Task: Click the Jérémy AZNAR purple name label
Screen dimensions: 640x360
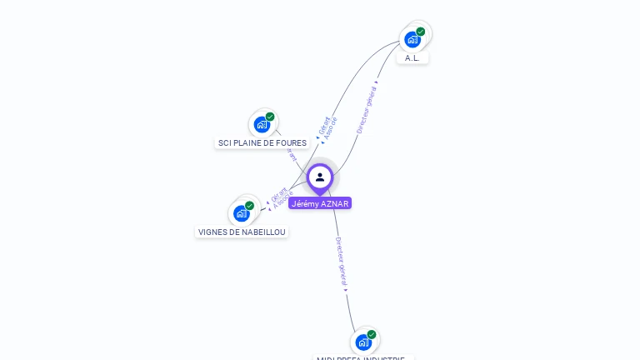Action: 320,203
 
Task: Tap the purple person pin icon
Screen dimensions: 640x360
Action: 320,177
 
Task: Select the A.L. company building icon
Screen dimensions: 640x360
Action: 412,39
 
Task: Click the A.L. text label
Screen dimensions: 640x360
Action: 412,58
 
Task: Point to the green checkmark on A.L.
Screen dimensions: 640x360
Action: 421,32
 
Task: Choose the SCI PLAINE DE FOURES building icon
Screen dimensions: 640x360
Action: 262,125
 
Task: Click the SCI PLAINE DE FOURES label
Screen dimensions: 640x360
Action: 262,143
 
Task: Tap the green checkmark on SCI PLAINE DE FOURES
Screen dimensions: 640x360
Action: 270,117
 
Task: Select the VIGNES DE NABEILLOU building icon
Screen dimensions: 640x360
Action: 242,213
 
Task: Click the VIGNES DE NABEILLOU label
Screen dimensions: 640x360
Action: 242,232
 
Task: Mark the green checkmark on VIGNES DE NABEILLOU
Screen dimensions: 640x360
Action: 249,206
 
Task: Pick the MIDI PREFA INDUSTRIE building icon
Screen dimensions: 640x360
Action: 363,342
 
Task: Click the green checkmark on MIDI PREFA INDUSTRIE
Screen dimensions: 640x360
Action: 372,334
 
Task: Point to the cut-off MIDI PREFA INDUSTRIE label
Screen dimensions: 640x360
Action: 361,357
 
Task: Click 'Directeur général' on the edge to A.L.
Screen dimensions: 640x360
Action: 367,110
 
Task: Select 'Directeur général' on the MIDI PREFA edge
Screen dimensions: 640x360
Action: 341,262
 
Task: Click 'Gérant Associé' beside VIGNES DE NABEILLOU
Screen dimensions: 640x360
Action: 282,197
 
